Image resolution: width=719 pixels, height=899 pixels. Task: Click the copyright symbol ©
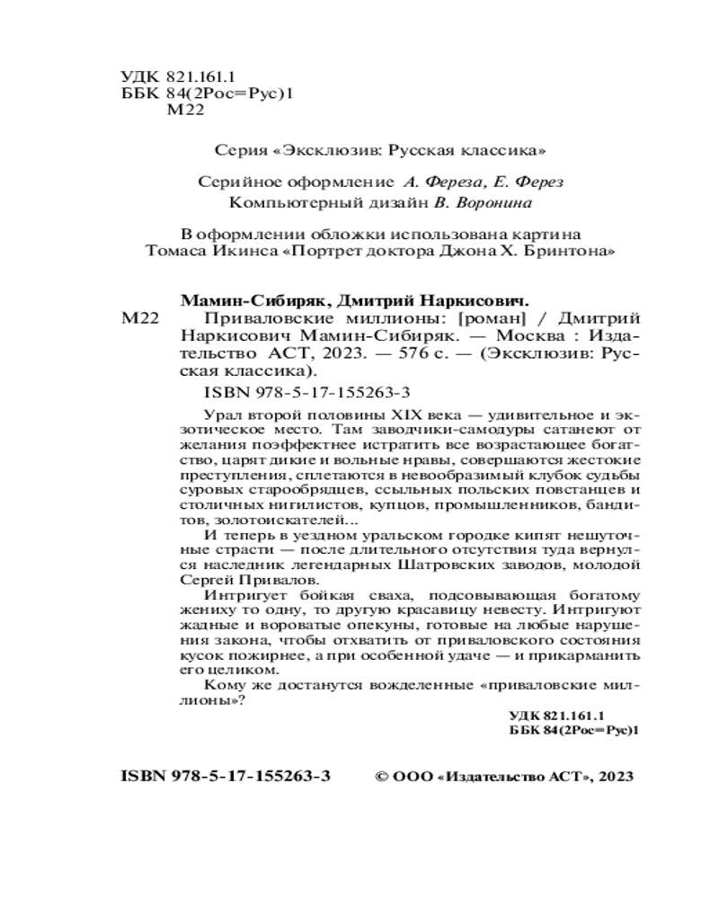pos(379,777)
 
